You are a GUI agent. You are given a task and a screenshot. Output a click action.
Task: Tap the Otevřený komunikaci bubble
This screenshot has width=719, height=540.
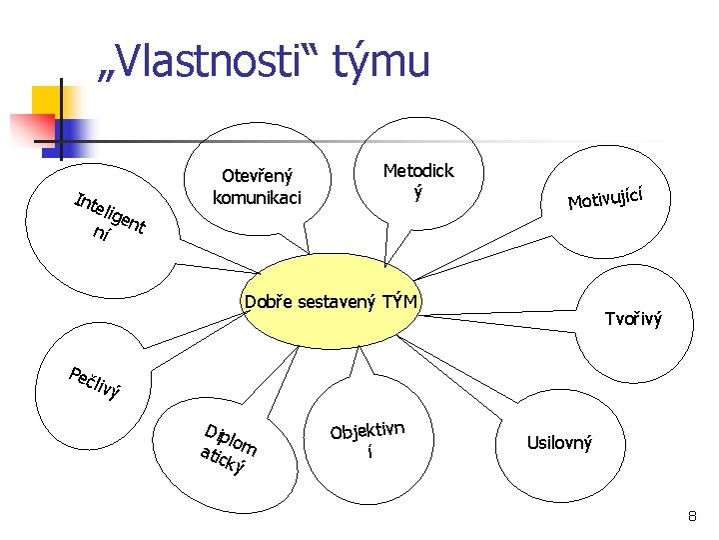tap(257, 186)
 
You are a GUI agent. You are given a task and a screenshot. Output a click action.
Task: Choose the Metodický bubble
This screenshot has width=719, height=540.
tap(418, 180)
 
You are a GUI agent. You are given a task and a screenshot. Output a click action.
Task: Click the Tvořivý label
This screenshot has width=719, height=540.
tap(633, 320)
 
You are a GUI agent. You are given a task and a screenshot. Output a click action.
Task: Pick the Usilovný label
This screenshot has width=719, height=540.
tap(559, 442)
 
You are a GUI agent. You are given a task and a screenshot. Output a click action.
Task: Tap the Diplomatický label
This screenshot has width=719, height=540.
tap(228, 449)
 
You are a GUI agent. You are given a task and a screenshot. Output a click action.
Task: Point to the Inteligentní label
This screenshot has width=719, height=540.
tap(110, 216)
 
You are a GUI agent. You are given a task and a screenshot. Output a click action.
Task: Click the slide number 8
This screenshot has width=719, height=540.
tap(691, 517)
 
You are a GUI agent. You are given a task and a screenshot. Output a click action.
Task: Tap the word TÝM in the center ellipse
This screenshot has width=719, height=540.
tap(397, 301)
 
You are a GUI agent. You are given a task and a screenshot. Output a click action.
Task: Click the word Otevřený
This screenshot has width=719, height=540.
tap(257, 176)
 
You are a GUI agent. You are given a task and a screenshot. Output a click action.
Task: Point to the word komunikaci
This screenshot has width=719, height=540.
tap(257, 197)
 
